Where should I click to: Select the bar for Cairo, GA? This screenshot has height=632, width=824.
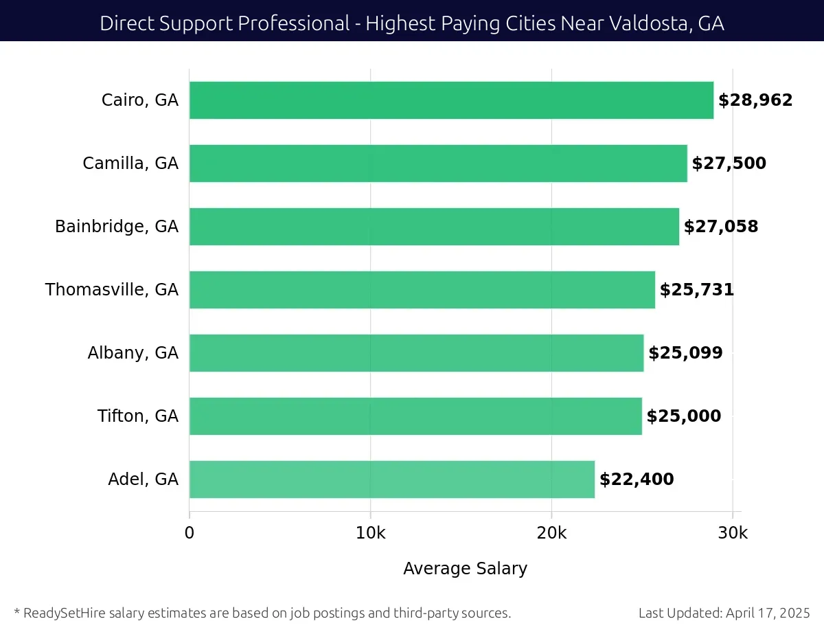pyautogui.click(x=451, y=100)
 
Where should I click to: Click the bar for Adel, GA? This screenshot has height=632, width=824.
pyautogui.click(x=391, y=479)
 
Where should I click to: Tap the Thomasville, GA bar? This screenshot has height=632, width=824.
pyautogui.click(x=422, y=290)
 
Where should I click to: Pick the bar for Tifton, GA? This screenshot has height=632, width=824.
pyautogui.click(x=415, y=416)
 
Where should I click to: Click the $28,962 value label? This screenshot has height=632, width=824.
pyautogui.click(x=755, y=100)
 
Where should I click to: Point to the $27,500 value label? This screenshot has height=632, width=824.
pyautogui.click(x=729, y=163)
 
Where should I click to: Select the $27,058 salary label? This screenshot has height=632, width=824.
pyautogui.click(x=721, y=227)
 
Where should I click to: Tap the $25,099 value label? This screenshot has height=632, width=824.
pyautogui.click(x=685, y=353)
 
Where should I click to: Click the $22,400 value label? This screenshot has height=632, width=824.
pyautogui.click(x=637, y=479)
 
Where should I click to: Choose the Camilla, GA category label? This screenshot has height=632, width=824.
pyautogui.click(x=130, y=163)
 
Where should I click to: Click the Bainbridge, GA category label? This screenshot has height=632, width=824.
pyautogui.click(x=117, y=227)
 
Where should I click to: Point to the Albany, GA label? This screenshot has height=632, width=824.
pyautogui.click(x=133, y=353)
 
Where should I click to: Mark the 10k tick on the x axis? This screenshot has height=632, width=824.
pyautogui.click(x=371, y=534)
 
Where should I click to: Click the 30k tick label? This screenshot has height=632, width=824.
pyautogui.click(x=733, y=534)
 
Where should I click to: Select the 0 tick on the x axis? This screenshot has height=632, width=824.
pyautogui.click(x=190, y=534)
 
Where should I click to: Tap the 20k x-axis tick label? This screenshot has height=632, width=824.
pyautogui.click(x=551, y=534)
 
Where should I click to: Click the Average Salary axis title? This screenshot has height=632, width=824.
pyautogui.click(x=465, y=569)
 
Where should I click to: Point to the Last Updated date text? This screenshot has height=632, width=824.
pyautogui.click(x=724, y=613)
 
